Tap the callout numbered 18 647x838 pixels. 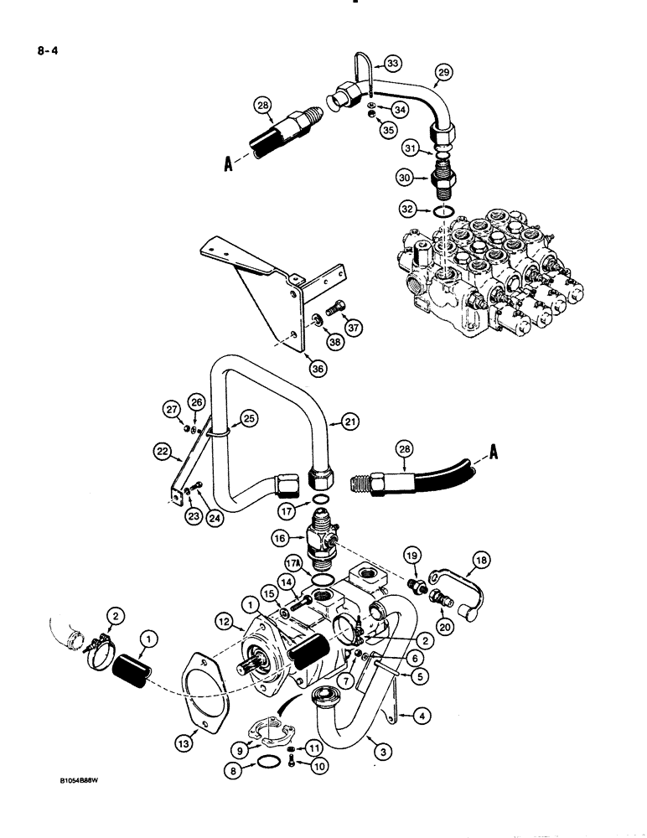pos(507,560)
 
